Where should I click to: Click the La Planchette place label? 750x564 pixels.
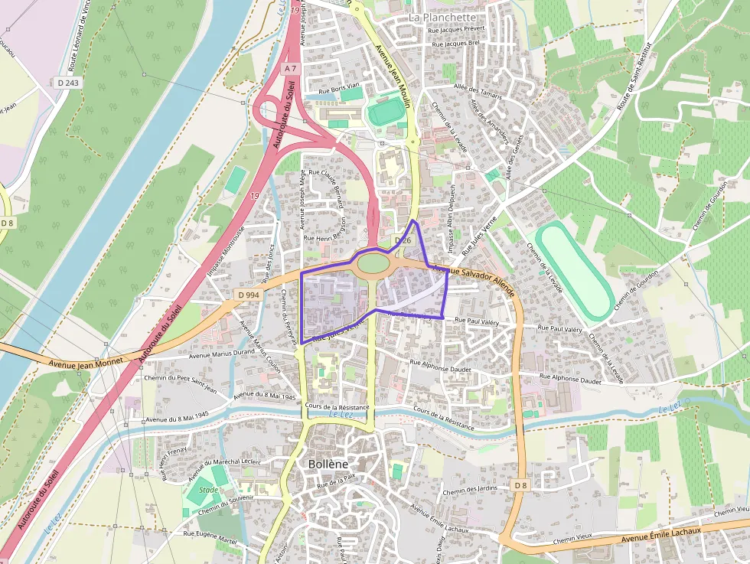[442, 17]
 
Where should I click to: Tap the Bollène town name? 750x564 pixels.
[328, 465]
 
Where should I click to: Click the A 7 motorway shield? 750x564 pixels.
[289, 69]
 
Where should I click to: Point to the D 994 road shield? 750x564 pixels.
[249, 295]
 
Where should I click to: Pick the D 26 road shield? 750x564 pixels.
[403, 240]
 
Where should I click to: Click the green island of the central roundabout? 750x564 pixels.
[373, 263]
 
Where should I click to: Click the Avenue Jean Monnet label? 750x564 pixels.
[79, 364]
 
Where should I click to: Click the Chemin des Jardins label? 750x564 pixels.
[469, 490]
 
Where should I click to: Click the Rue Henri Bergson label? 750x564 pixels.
[334, 238]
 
